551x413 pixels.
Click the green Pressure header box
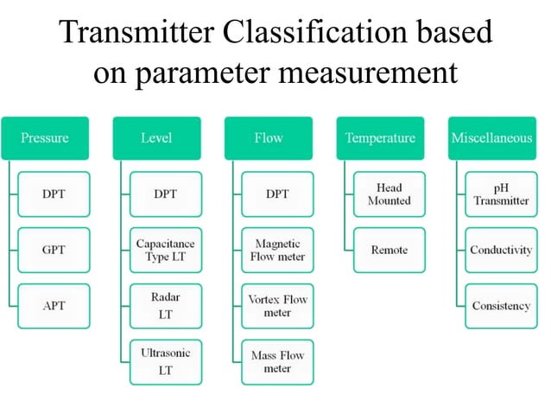point(45,138)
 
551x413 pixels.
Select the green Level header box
point(156,138)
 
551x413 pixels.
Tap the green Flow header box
point(269,138)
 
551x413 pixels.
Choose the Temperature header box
point(380,138)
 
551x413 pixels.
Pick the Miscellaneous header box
point(491,138)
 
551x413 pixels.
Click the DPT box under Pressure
point(54,194)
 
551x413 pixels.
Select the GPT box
point(54,251)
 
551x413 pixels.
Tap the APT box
point(54,306)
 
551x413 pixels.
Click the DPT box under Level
point(166,194)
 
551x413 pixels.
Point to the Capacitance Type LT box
point(166,251)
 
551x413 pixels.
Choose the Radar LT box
point(166,306)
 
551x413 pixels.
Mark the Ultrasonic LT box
point(166,361)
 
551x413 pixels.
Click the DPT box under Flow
point(277,194)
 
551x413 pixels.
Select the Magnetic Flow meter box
point(277,251)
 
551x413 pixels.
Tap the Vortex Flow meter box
point(277,306)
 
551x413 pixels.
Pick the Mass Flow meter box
point(277,361)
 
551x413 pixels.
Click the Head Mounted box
point(389,194)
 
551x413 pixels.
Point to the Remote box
point(389,251)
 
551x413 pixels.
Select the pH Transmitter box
point(501,194)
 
